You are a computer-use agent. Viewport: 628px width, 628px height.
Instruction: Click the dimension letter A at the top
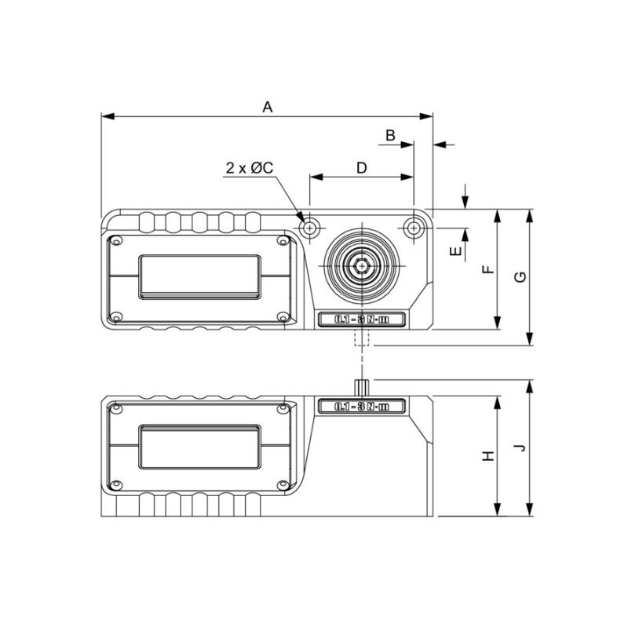click(267, 107)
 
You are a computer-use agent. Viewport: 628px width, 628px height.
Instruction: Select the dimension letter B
click(390, 135)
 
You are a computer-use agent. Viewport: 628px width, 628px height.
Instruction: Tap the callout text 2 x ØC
click(249, 168)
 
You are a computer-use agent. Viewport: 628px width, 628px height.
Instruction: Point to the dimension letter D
click(361, 167)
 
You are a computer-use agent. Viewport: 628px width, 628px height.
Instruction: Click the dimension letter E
click(453, 251)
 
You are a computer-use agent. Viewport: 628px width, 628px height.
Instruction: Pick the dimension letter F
click(487, 269)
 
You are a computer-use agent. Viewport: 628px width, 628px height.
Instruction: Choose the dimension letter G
click(519, 276)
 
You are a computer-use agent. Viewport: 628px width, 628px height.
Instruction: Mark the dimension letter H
click(487, 456)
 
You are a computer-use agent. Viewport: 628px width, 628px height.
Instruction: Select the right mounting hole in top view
click(414, 228)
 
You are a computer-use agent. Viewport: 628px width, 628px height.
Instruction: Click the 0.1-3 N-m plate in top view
click(362, 319)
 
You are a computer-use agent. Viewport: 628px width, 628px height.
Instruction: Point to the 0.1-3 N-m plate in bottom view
click(362, 406)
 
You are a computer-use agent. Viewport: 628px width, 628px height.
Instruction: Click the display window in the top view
click(200, 276)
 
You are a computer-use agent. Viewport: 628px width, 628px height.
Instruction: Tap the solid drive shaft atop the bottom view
click(362, 388)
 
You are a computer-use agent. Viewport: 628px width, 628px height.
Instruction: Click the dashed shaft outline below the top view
click(362, 338)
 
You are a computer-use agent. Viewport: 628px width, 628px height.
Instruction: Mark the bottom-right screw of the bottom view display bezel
click(283, 484)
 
